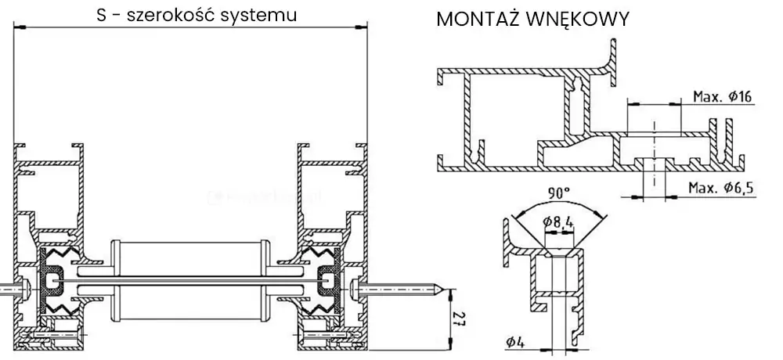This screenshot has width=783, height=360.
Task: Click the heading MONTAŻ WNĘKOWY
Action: coord(532,20)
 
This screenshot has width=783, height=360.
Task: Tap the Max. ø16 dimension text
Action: coord(722,97)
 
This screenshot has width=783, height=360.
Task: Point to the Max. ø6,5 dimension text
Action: coord(720,188)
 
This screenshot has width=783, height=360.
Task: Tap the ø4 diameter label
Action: coord(514,341)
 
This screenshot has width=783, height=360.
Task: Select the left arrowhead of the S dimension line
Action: coord(20,28)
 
